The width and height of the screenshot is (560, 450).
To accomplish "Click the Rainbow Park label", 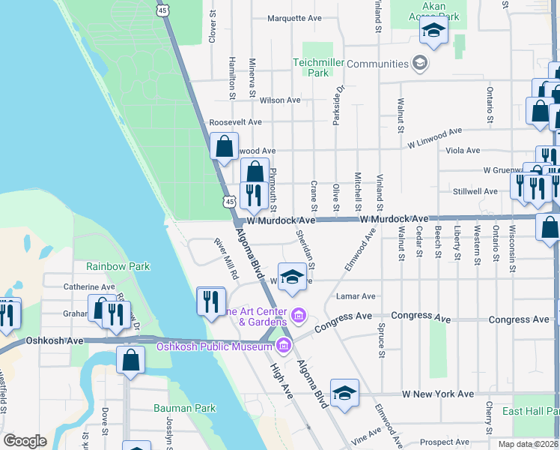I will tap(118, 266).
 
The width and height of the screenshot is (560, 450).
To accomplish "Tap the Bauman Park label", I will tap(184, 408).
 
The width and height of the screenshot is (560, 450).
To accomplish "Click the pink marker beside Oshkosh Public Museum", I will tap(284, 346).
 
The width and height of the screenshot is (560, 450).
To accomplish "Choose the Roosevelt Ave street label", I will tap(235, 122).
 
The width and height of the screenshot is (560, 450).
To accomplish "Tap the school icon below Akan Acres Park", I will tap(433, 31).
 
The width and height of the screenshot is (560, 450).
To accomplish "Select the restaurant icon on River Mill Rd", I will tap(210, 301).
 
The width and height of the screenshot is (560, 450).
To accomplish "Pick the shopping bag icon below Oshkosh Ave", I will tap(131, 359).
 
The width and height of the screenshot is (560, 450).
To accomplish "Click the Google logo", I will tap(25, 441).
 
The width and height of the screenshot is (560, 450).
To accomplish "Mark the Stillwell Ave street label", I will tap(479, 191).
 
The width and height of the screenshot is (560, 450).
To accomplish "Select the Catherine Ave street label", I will tap(89, 286).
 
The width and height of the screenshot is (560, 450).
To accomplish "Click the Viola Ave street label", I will tap(462, 150).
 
